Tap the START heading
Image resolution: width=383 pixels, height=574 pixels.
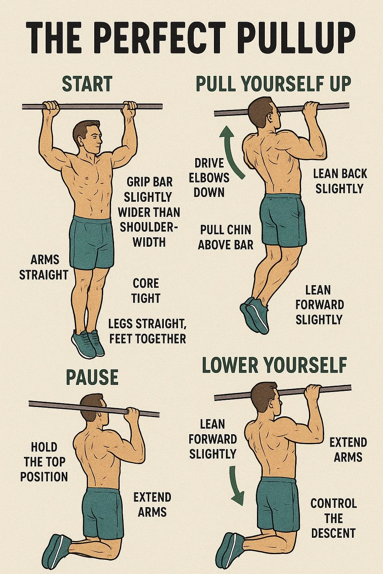pos(87,83)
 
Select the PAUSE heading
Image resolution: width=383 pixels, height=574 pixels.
pos(92,377)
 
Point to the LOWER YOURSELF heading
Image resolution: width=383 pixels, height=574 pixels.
pos(274,365)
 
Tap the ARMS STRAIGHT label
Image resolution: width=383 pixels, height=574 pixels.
pos(44,268)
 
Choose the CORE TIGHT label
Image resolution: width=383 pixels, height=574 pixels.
pos(146,291)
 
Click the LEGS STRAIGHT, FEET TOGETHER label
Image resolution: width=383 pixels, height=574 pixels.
pos(147,331)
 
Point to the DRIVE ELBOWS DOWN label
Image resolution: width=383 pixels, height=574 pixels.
pos(209,178)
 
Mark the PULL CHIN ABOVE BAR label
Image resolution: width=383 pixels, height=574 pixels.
pos(226,237)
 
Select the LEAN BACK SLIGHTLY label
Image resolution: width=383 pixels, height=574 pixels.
pos(340,181)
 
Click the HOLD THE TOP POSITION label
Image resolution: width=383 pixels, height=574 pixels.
pos(44,462)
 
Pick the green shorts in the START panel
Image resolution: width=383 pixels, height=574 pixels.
pos(92,243)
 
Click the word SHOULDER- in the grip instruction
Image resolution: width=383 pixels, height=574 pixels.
pos(149,227)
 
